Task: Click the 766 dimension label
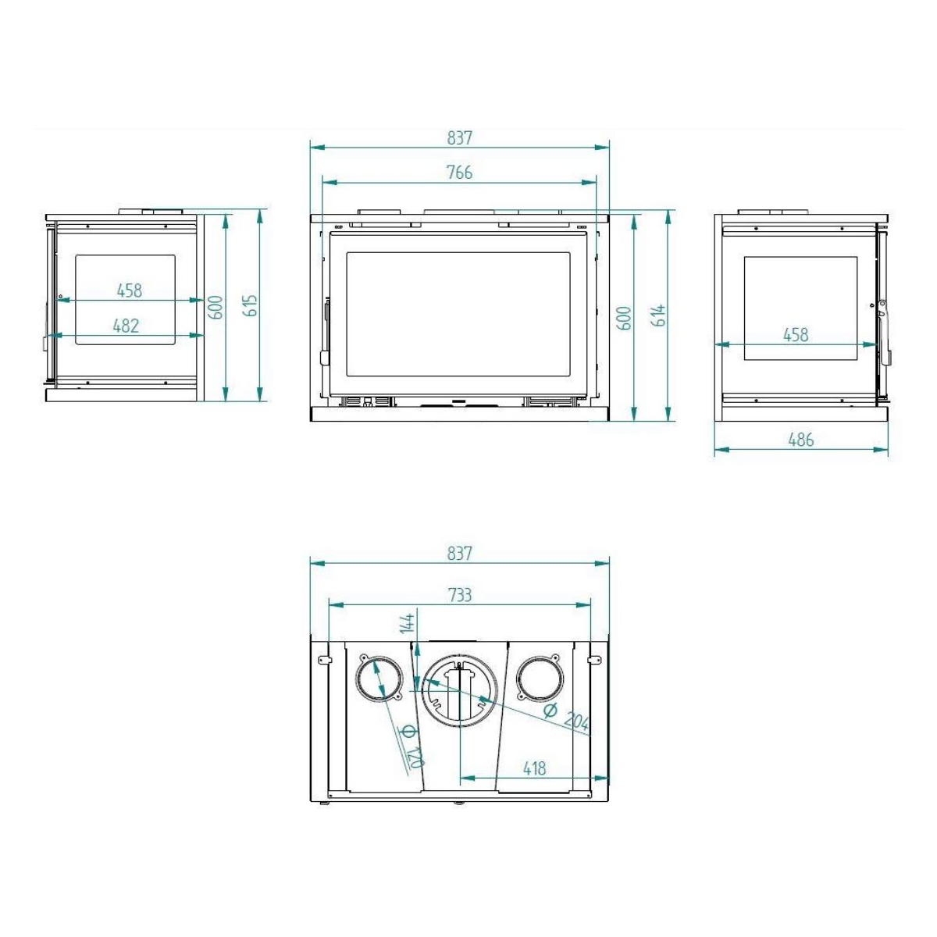[459, 173]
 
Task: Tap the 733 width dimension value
[459, 595]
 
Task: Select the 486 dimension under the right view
[800, 440]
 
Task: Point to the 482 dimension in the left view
[126, 326]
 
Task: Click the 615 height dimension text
[251, 305]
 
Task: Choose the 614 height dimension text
[658, 315]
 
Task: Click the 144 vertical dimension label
[408, 623]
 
